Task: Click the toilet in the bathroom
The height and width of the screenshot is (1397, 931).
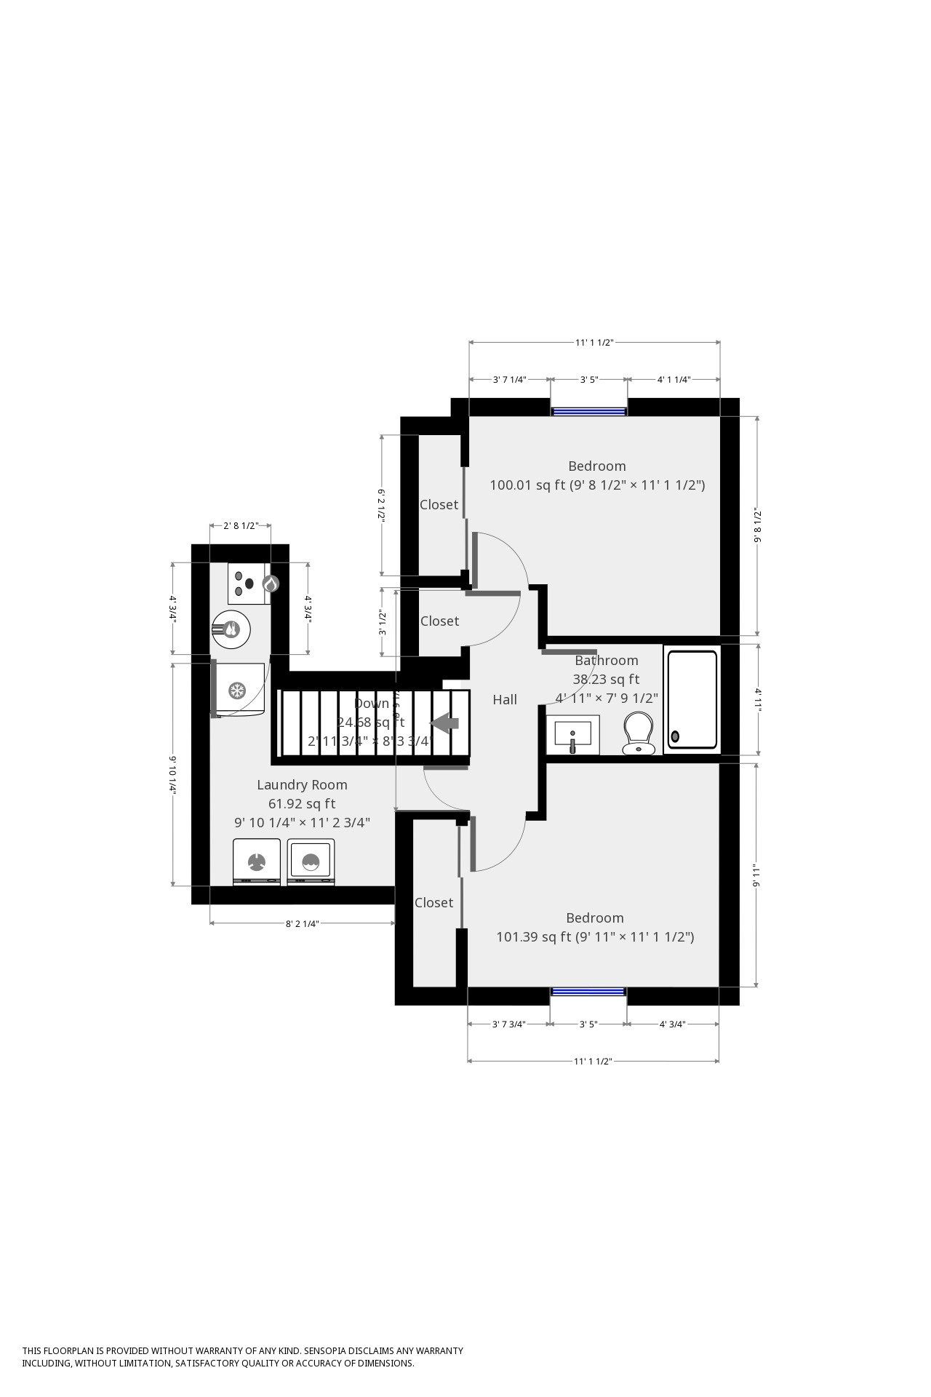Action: tap(638, 733)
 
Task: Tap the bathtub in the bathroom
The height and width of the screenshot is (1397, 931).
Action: tap(692, 699)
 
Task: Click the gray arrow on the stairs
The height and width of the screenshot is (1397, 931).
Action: tap(445, 723)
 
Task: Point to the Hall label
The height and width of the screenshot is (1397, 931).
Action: tap(505, 699)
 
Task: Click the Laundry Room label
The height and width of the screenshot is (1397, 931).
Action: tap(302, 784)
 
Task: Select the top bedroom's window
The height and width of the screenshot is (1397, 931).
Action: tap(588, 411)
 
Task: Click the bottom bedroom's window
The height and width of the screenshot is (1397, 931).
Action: tap(588, 991)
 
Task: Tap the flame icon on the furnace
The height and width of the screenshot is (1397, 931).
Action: tap(270, 584)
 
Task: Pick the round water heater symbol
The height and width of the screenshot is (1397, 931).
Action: tap(231, 629)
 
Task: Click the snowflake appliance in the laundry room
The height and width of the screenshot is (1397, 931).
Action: tap(236, 690)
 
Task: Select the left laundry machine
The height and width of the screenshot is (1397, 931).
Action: tap(256, 862)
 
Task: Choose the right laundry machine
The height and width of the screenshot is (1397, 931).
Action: tap(311, 862)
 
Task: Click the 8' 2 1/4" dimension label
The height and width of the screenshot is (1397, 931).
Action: tap(302, 923)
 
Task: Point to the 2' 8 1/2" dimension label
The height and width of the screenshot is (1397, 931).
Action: tap(240, 525)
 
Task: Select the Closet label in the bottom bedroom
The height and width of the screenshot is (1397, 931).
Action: tap(433, 902)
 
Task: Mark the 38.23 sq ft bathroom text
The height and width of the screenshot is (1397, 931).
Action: tap(606, 679)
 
